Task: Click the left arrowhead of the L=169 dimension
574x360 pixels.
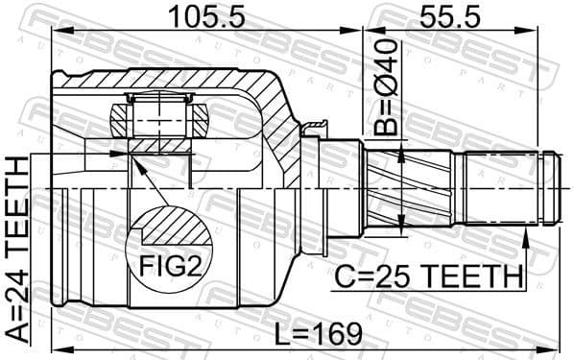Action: (56, 347)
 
